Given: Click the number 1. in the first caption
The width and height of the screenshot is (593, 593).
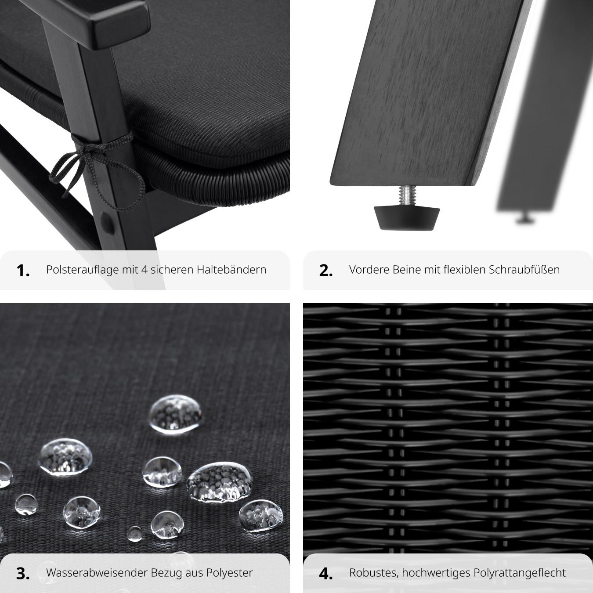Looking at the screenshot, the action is [x=23, y=271].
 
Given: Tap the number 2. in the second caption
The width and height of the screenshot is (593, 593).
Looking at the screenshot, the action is [x=326, y=271].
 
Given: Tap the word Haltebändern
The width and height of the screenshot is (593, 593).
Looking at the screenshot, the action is [x=231, y=270].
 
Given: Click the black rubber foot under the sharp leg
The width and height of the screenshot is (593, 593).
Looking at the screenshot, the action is [x=406, y=218].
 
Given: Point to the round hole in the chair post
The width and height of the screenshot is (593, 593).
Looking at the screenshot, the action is [x=107, y=223].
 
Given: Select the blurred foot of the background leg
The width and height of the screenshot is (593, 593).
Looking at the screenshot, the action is [x=524, y=219].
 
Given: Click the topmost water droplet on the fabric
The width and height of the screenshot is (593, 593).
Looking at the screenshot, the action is [x=176, y=414].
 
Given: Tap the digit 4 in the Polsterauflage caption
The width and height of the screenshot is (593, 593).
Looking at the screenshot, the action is [x=145, y=270].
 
